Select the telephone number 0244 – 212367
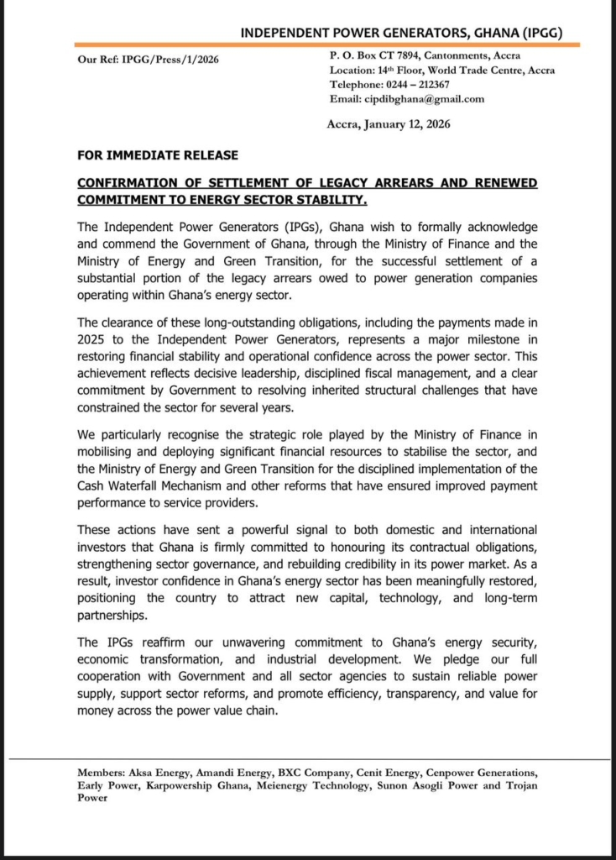tap(413, 85)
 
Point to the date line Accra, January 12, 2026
tap(389, 123)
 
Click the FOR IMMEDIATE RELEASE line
tap(158, 155)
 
